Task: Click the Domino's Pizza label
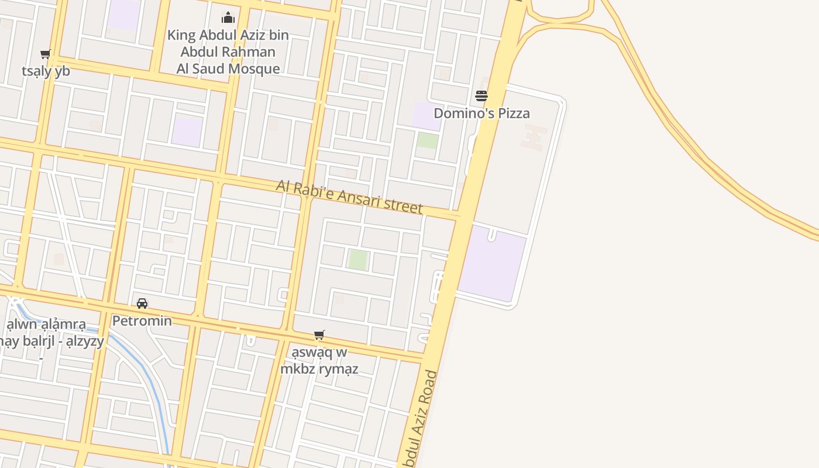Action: pyautogui.click(x=481, y=113)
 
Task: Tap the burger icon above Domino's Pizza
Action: pyautogui.click(x=481, y=96)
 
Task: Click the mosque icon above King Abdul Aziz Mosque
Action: pyautogui.click(x=228, y=18)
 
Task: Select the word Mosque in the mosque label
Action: pyautogui.click(x=254, y=68)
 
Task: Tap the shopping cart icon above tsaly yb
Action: pyautogui.click(x=45, y=54)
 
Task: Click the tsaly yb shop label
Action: pyautogui.click(x=46, y=71)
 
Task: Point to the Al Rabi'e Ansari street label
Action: pyautogui.click(x=349, y=197)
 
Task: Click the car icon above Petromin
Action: pyautogui.click(x=142, y=304)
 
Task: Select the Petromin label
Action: pyautogui.click(x=142, y=321)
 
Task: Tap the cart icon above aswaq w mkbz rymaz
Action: pyautogui.click(x=319, y=335)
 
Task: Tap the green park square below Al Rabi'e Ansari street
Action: pyautogui.click(x=358, y=260)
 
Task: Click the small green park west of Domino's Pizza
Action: pyautogui.click(x=428, y=140)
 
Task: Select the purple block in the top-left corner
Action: pyautogui.click(x=124, y=14)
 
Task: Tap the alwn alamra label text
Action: pyautogui.click(x=46, y=324)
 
